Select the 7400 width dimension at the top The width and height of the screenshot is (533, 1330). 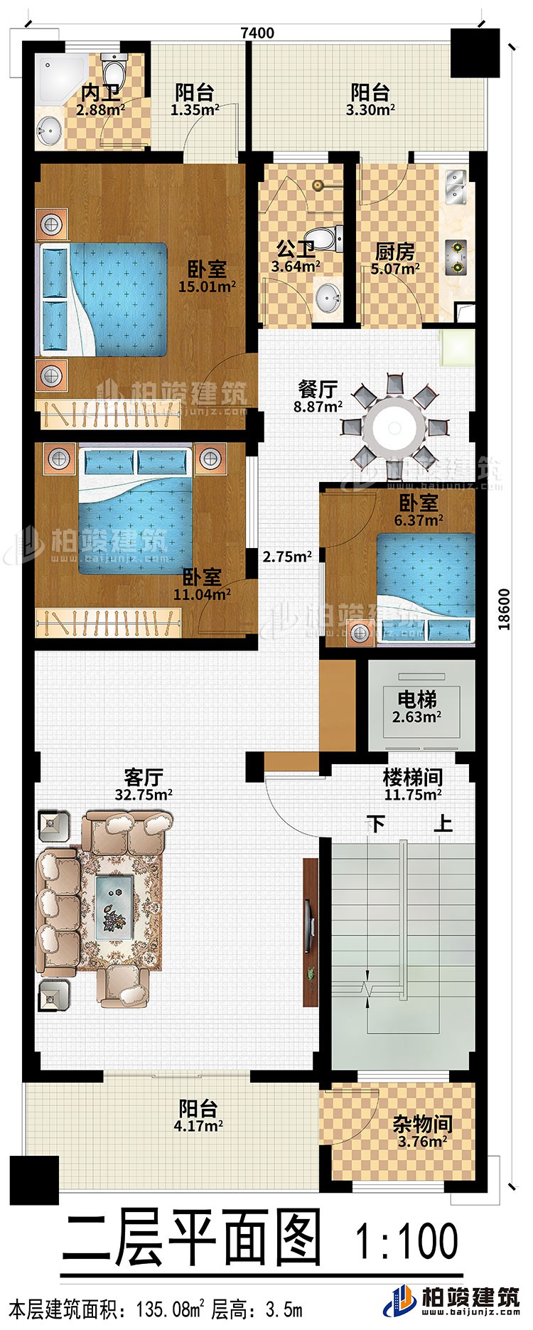257,33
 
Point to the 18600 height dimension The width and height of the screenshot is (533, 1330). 505,608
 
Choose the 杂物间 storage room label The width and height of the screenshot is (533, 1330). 422,1124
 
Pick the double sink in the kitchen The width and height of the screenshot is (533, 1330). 456,183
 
